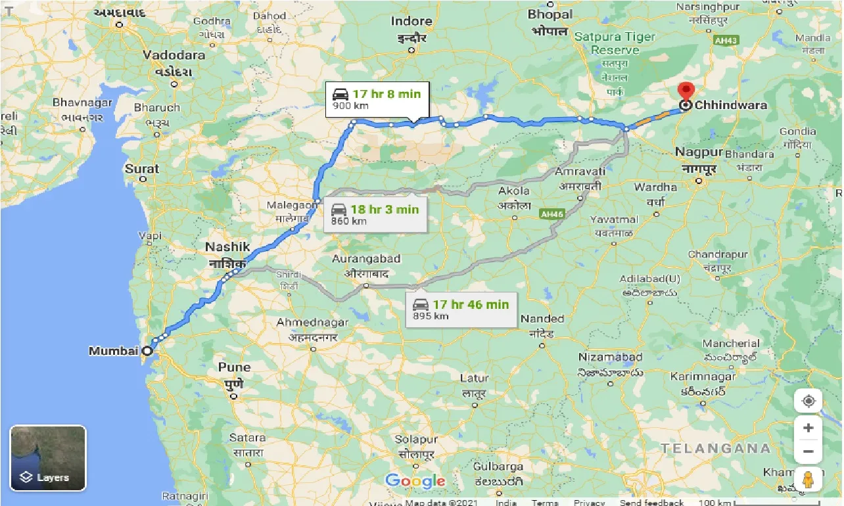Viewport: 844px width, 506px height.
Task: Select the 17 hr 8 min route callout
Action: coord(377,99)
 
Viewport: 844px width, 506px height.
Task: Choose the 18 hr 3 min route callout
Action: coord(375,214)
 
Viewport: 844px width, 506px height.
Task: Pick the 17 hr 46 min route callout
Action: coord(461,309)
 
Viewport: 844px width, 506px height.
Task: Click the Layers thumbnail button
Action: coord(48,458)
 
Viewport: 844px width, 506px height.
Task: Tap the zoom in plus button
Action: coord(808,428)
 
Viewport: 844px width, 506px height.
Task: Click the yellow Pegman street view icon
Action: coord(808,480)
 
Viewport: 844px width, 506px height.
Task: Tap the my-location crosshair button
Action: coord(808,401)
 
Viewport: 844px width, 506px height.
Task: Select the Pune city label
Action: coord(234,367)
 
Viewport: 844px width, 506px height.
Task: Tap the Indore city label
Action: coord(411,21)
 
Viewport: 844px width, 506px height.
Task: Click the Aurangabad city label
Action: coord(366,259)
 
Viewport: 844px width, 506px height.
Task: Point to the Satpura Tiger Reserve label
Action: coord(615,43)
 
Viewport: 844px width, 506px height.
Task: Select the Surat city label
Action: coord(142,169)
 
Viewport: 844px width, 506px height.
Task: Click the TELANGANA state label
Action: coord(715,449)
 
